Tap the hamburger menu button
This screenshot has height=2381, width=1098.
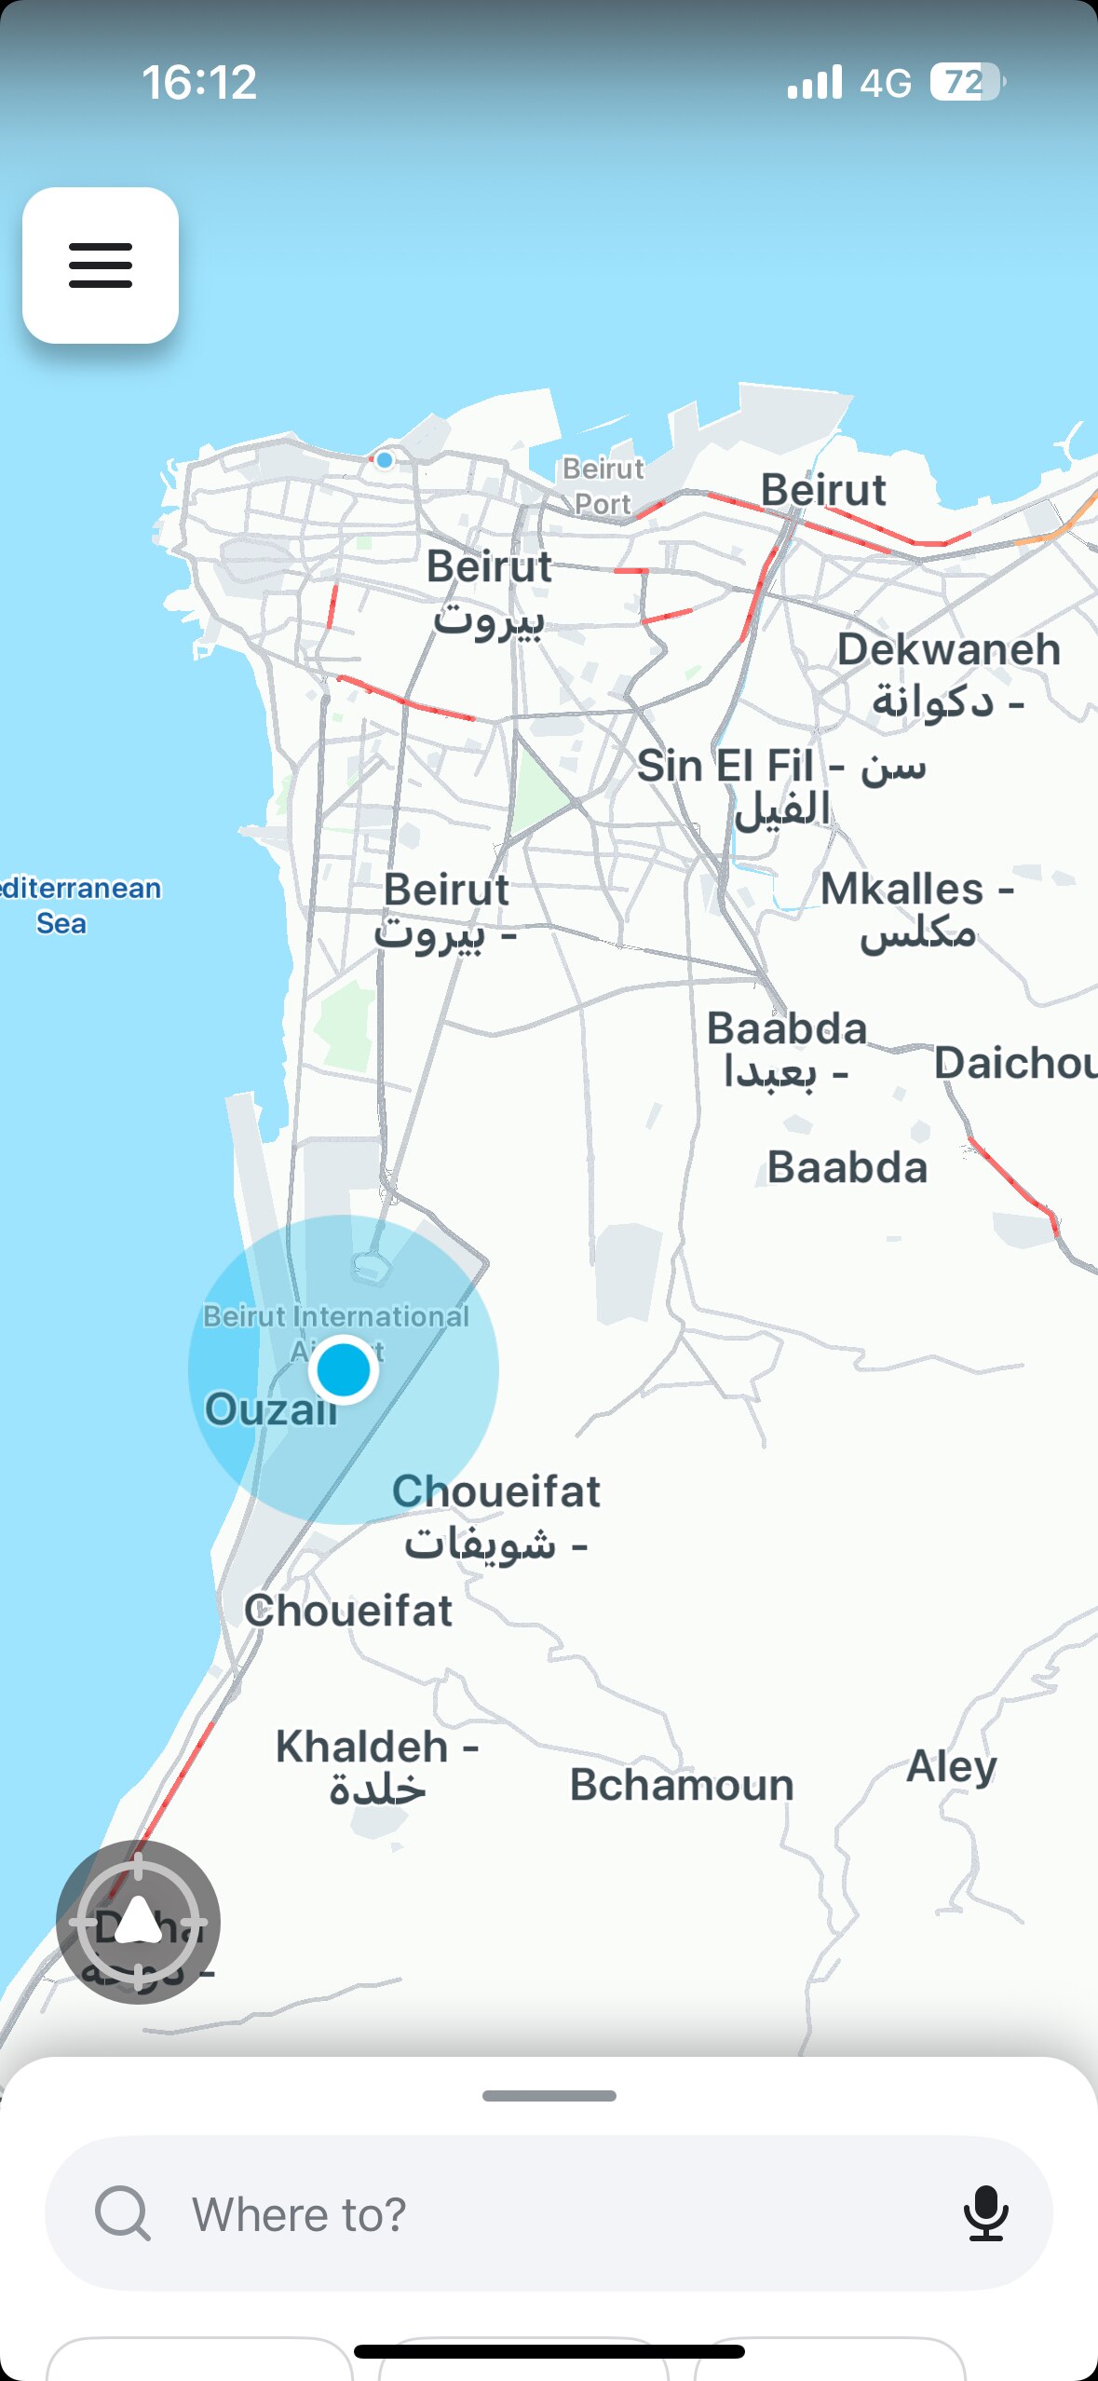[x=101, y=265]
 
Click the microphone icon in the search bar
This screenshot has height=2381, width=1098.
[x=985, y=2212]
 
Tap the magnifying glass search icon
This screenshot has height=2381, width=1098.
[x=122, y=2212]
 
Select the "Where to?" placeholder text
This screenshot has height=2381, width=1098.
[x=299, y=2214]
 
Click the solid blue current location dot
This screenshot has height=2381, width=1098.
[x=344, y=1369]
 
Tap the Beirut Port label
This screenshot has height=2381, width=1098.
[x=603, y=485]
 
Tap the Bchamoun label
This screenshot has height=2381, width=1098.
[x=682, y=1785]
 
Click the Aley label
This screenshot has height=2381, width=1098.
[x=952, y=1766]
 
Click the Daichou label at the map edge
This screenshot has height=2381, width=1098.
[x=1015, y=1063]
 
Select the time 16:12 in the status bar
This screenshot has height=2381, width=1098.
[x=199, y=82]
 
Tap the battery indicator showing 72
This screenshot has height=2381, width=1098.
[x=967, y=82]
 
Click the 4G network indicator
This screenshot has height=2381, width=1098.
[x=885, y=84]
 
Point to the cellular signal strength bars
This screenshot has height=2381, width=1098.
[x=814, y=82]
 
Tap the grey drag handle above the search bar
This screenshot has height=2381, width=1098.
[x=549, y=2096]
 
